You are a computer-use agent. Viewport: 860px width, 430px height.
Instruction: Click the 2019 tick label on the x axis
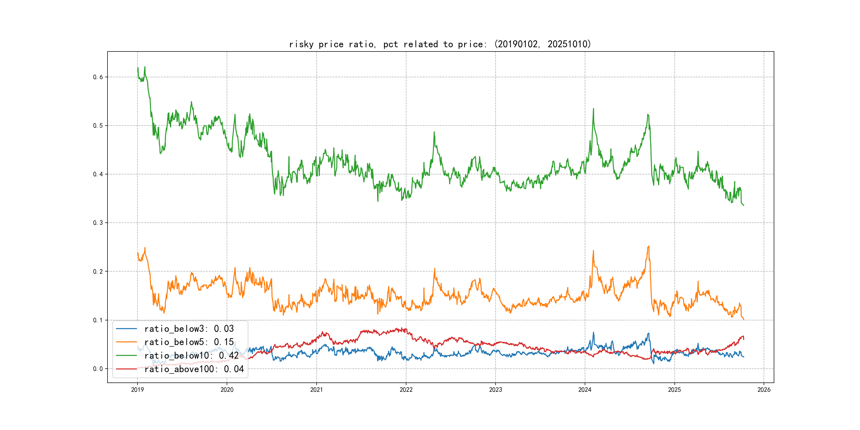(137, 390)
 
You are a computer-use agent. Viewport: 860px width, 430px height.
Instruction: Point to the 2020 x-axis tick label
(227, 390)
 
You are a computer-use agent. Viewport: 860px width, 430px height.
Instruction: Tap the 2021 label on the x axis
(316, 390)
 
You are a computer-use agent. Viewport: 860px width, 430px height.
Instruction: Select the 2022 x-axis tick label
(406, 390)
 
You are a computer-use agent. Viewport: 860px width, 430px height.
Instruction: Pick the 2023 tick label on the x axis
(496, 390)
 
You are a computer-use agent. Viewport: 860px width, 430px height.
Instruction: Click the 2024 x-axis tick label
(585, 390)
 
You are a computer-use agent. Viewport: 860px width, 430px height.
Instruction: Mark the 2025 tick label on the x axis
(674, 390)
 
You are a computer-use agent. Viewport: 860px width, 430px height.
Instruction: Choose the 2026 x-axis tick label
(764, 390)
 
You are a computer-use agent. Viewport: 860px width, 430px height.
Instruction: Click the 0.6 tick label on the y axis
(98, 77)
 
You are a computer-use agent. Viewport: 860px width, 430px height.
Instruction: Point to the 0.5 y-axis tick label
(98, 126)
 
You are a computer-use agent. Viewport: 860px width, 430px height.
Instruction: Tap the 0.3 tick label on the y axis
(98, 223)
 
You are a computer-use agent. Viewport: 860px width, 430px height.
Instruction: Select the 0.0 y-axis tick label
(98, 369)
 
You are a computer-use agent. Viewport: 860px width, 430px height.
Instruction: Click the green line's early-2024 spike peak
(593, 109)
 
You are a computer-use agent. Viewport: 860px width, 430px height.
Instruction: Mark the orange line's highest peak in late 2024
(649, 246)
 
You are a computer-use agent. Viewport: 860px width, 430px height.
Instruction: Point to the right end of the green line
(743, 205)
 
